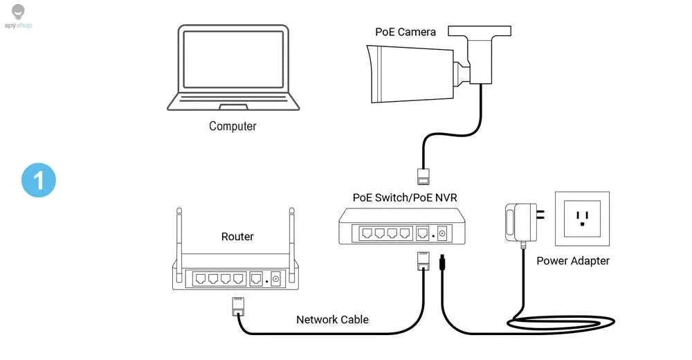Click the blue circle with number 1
pyautogui.click(x=39, y=180)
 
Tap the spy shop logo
pyautogui.click(x=18, y=17)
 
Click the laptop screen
pyautogui.click(x=233, y=59)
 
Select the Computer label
pyautogui.click(x=233, y=126)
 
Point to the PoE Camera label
pyautogui.click(x=405, y=32)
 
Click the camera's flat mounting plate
pyautogui.click(x=480, y=30)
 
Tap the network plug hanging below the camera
pyautogui.click(x=424, y=176)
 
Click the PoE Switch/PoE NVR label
pyautogui.click(x=405, y=197)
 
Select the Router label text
pyautogui.click(x=237, y=237)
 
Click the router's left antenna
pyautogui.click(x=179, y=244)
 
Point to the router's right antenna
pyautogui.click(x=292, y=244)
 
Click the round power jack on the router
pyautogui.click(x=276, y=279)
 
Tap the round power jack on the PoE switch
pyautogui.click(x=441, y=233)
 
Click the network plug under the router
pyautogui.click(x=238, y=306)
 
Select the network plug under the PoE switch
pyautogui.click(x=424, y=261)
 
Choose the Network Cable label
pyautogui.click(x=332, y=319)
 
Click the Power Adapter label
pyautogui.click(x=573, y=260)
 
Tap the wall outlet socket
pyautogui.click(x=582, y=219)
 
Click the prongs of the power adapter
pyautogui.click(x=540, y=215)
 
